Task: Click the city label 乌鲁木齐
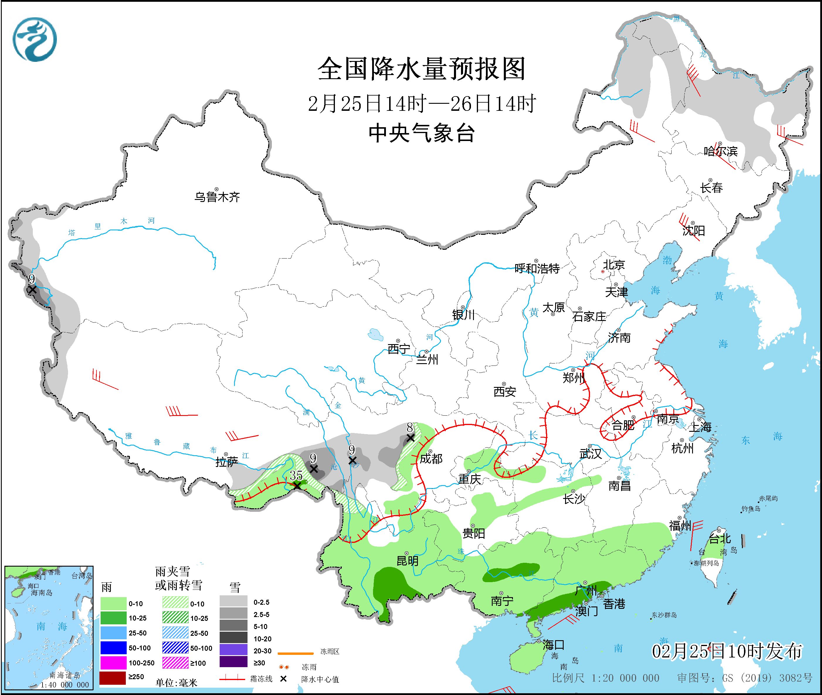pyautogui.click(x=217, y=197)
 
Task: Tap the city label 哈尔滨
pyautogui.click(x=721, y=151)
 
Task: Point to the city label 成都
pyautogui.click(x=431, y=459)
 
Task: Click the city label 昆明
pyautogui.click(x=407, y=561)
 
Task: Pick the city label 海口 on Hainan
pyautogui.click(x=553, y=645)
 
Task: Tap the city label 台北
pyautogui.click(x=720, y=538)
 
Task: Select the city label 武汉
pyautogui.click(x=590, y=454)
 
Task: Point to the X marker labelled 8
pyautogui.click(x=410, y=438)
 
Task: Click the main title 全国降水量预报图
pyautogui.click(x=421, y=69)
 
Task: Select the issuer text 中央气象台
pyautogui.click(x=421, y=133)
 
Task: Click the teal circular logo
pyautogui.click(x=35, y=39)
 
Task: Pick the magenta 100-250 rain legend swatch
pyautogui.click(x=112, y=663)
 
